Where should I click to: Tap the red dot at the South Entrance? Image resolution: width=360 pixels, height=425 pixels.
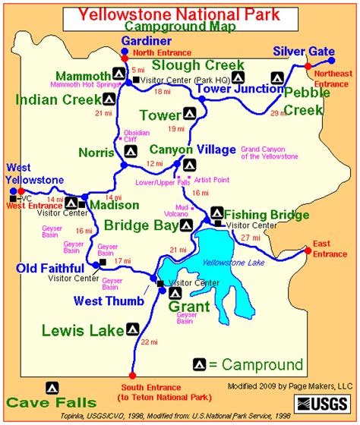132,376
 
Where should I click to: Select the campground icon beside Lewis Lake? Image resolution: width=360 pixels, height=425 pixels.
131,329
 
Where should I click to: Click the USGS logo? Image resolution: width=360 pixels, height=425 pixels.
322,401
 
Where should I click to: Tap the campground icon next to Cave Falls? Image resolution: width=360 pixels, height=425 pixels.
52,385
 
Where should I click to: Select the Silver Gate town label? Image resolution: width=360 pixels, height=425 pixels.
304,50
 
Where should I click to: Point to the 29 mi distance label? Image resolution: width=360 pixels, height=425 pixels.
279,112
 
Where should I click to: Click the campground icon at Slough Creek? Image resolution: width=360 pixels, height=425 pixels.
238,77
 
